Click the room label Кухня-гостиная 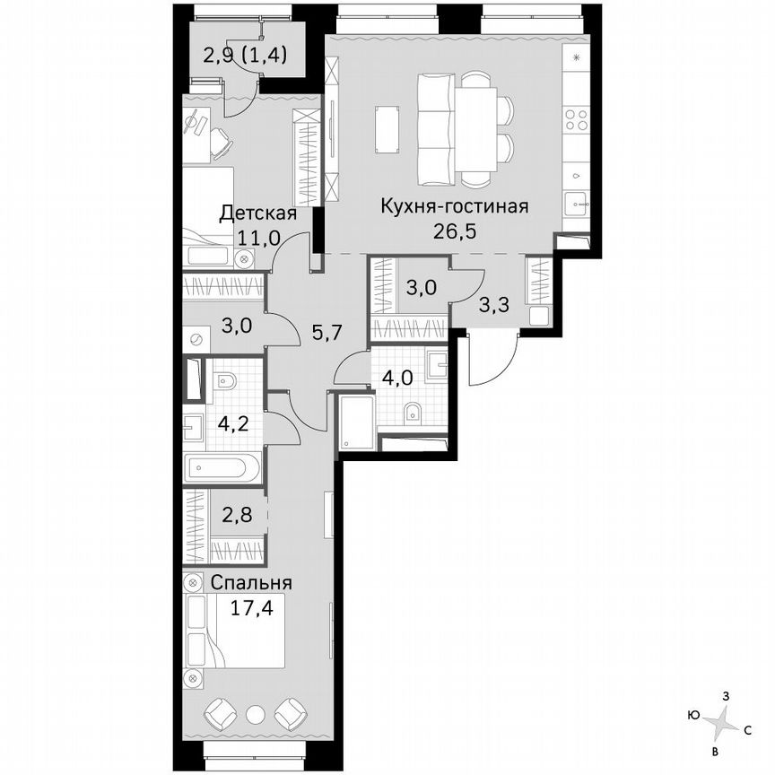point(454,205)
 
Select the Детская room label point(258,213)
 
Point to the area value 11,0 point(259,237)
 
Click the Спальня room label point(250,582)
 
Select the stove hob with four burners point(574,120)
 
